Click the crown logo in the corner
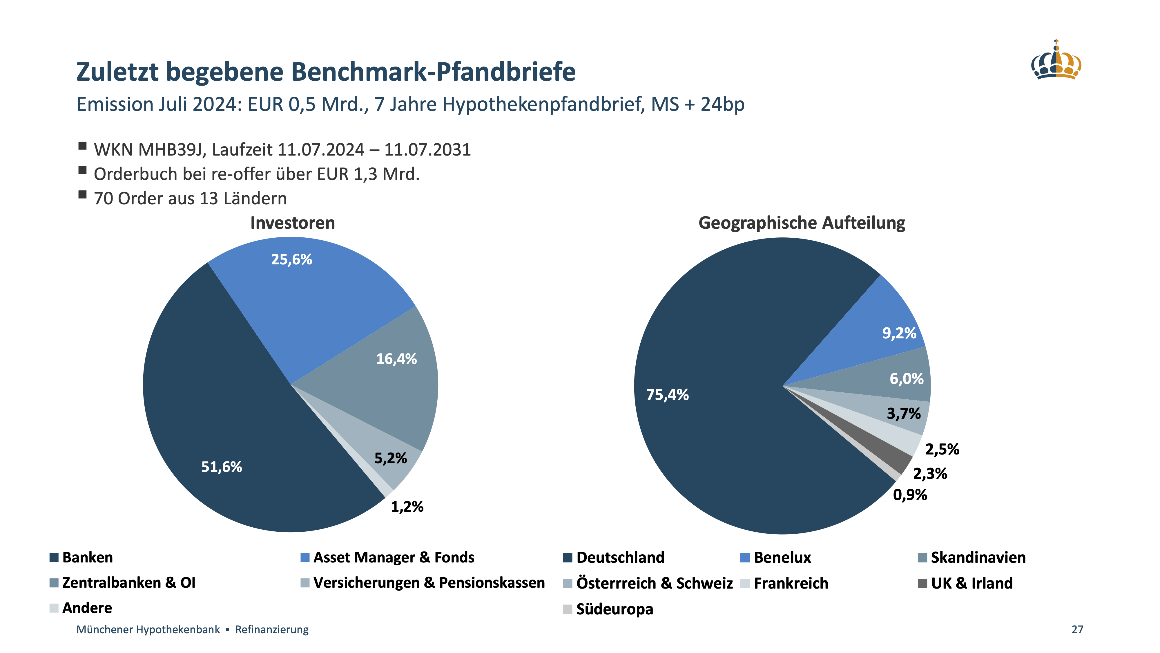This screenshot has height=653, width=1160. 1056,61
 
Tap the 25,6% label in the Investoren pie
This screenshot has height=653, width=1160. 291,259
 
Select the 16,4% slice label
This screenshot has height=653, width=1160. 396,359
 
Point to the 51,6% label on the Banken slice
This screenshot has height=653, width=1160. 222,467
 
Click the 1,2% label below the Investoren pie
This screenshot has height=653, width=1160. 407,507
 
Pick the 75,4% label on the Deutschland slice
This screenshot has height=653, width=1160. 667,395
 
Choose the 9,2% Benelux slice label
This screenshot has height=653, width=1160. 899,333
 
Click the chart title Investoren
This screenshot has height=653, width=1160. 293,223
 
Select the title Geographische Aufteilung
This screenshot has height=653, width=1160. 802,223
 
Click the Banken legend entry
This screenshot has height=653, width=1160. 87,558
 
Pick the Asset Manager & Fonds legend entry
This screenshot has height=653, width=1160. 394,558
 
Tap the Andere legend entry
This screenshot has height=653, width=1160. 87,608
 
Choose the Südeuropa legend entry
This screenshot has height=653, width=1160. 614,609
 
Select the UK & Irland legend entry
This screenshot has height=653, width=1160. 972,583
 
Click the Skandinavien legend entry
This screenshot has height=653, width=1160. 978,558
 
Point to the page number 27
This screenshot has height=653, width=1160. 1077,629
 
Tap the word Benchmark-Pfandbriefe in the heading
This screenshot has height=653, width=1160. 433,72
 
